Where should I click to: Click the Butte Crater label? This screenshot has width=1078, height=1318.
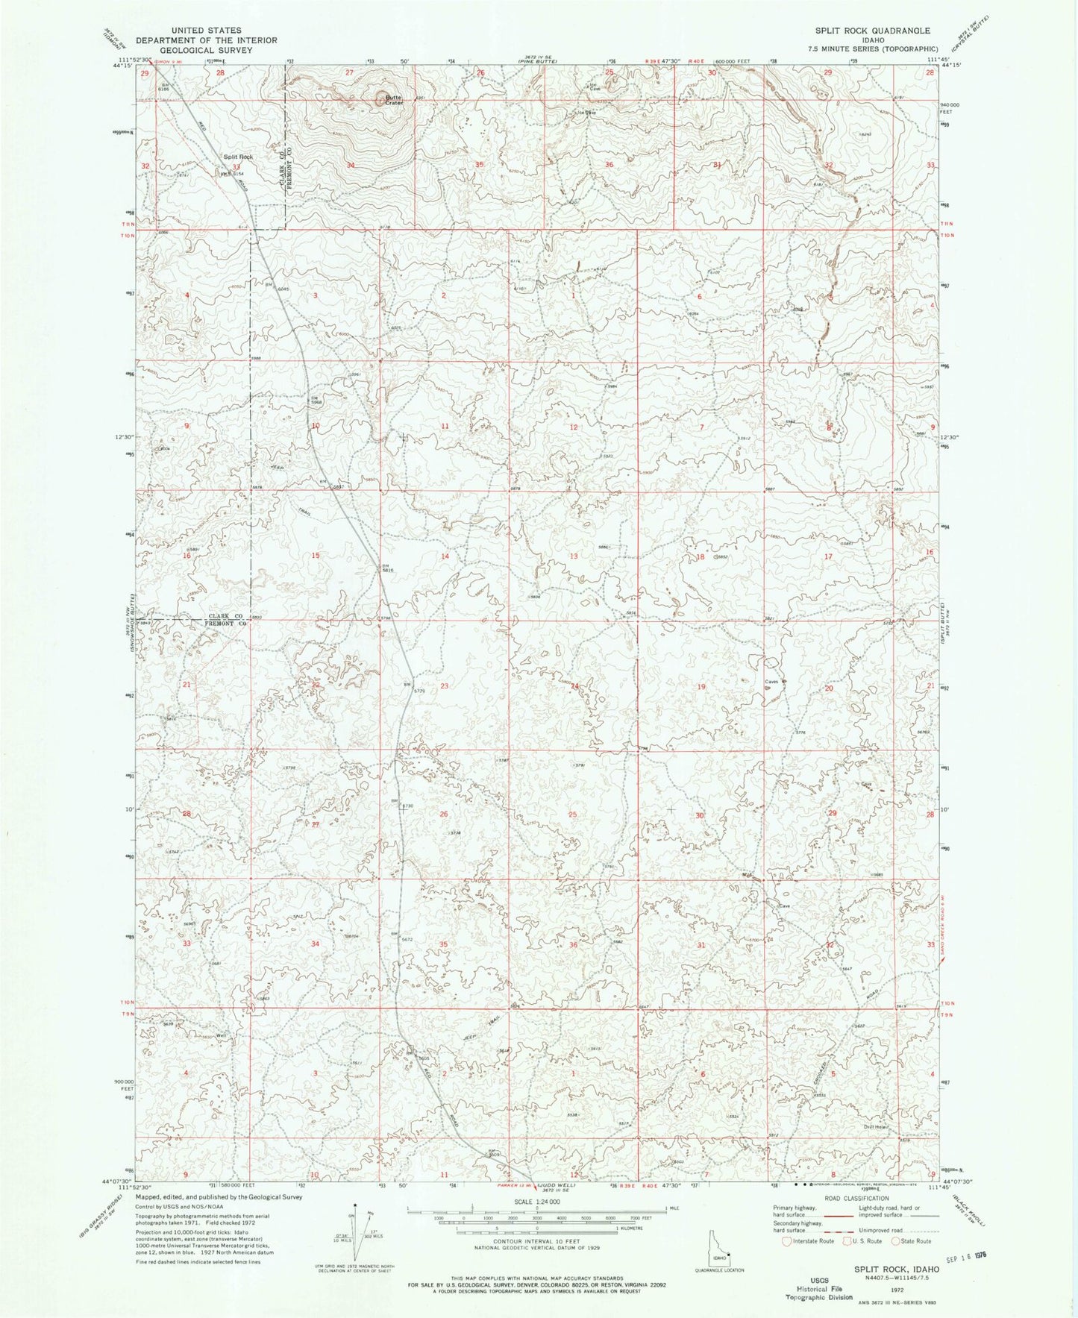(x=392, y=99)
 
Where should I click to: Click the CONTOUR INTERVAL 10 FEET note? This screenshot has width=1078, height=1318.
(x=538, y=1240)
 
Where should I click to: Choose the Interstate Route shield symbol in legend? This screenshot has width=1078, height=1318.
(x=786, y=1241)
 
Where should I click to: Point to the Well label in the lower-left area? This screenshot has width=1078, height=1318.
(x=220, y=1036)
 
